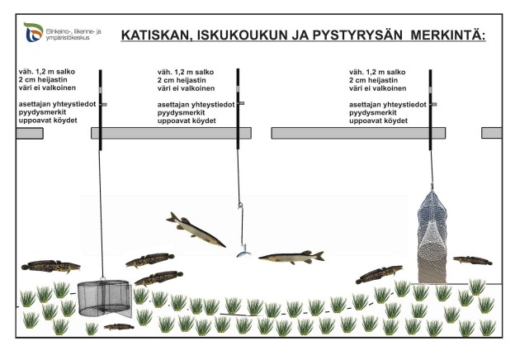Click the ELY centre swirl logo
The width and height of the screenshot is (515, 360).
pyautogui.click(x=33, y=32)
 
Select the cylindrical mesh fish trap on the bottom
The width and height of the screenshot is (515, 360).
pyautogui.click(x=105, y=298)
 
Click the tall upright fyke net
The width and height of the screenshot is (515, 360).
pyautogui.click(x=432, y=236)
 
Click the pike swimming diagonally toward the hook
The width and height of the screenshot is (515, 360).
pyautogui.click(x=196, y=230)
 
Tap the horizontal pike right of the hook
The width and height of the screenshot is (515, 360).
pyautogui.click(x=291, y=257)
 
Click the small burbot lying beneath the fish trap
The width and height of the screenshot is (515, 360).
pyautogui.click(x=119, y=326)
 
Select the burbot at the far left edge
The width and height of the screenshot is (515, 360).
pyautogui.click(x=50, y=266)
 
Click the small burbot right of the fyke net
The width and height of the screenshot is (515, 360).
pyautogui.click(x=473, y=260)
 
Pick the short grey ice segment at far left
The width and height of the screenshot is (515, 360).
pyautogui.click(x=30, y=134)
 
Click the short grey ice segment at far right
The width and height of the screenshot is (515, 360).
pyautogui.click(x=492, y=133)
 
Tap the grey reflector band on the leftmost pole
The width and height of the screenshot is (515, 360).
pyautogui.click(x=101, y=90)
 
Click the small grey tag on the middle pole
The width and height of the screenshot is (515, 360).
pyautogui.click(x=241, y=103)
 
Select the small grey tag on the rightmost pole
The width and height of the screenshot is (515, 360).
pyautogui.click(x=434, y=105)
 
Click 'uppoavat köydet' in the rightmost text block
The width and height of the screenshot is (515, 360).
pyautogui.click(x=378, y=121)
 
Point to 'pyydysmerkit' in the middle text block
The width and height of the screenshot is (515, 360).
pyautogui.click(x=181, y=112)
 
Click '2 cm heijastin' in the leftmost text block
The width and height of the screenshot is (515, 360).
pyautogui.click(x=43, y=80)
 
